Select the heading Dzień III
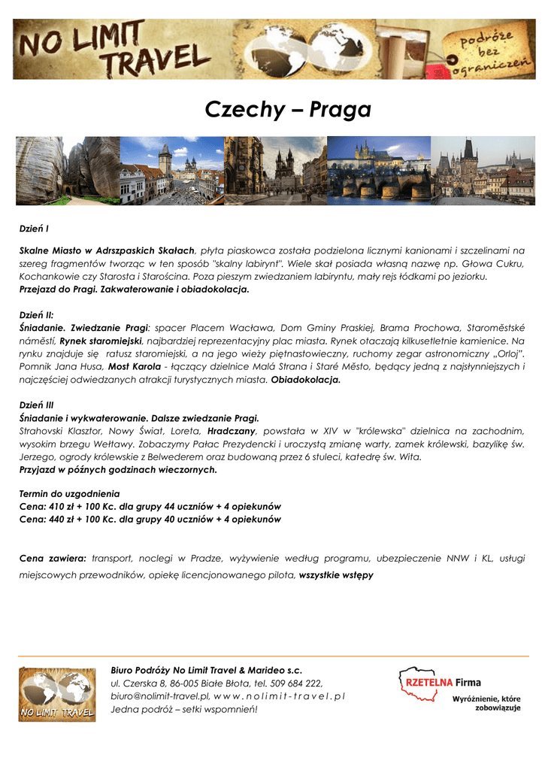coord(36,405)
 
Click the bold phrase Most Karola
coord(135,366)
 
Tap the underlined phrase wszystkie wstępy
coord(336,575)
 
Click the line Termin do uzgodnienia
coord(69,494)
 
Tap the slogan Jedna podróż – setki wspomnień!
coord(183,709)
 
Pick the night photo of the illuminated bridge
coord(379,171)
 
